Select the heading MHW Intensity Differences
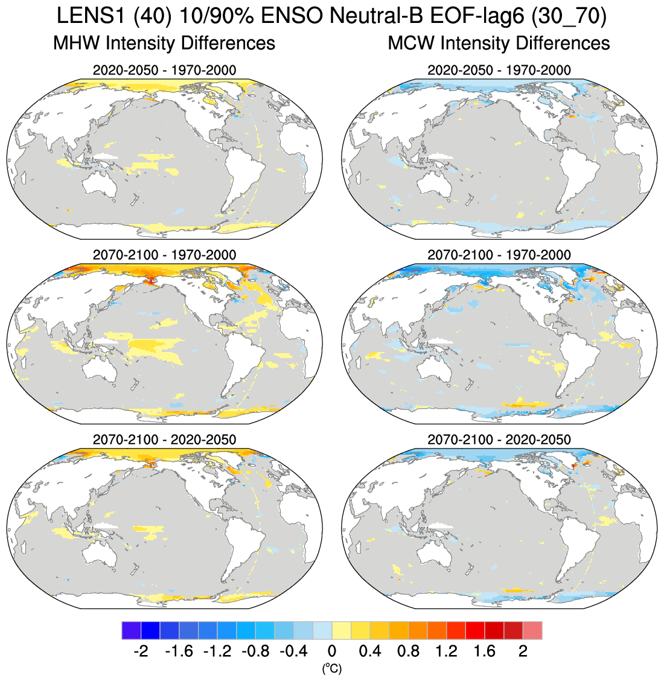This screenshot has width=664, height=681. point(164,43)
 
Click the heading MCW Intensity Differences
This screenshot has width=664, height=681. point(499,43)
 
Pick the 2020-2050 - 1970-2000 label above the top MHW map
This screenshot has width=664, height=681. point(164,70)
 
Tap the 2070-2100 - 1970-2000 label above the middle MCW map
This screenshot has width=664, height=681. point(499,255)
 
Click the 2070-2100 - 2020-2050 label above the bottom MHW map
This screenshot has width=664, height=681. point(164,440)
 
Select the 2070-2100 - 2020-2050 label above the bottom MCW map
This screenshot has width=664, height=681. point(499,440)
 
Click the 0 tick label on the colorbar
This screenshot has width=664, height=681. point(332,651)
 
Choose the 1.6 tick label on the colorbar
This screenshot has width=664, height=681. point(484,651)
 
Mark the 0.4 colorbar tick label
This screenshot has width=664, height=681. point(369,651)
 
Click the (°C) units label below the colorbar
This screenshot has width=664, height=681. point(331,668)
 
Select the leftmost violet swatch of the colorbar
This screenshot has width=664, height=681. point(131,630)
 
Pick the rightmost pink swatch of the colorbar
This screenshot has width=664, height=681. point(532,630)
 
